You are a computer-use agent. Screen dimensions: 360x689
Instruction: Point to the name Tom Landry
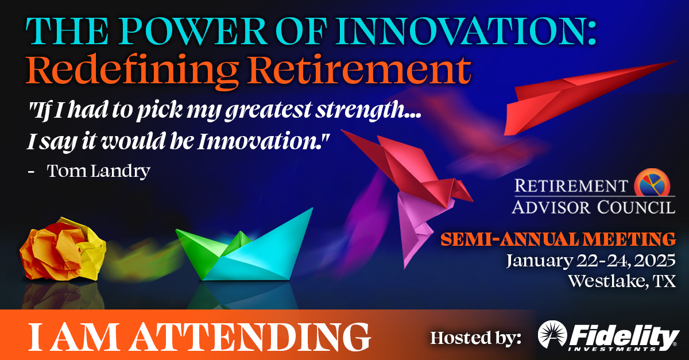coord(98,171)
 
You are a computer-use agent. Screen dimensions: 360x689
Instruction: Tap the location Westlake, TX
coord(621,281)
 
